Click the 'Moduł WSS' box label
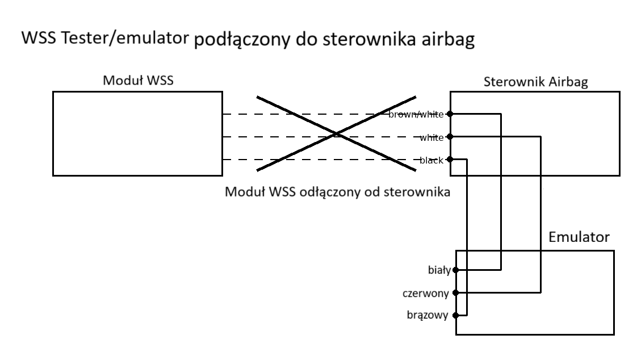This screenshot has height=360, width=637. tap(138, 81)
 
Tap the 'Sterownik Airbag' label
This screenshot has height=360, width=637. tap(535, 82)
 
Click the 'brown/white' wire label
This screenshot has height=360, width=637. tap(416, 115)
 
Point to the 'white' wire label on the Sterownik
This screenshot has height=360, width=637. tap(431, 137)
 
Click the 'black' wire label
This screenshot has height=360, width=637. tap(431, 160)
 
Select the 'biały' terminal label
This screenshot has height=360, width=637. tap(439, 270)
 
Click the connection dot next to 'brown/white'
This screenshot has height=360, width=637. tap(450, 114)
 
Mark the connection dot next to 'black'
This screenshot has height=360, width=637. tap(450, 160)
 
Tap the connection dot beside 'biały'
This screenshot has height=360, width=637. tap(455, 270)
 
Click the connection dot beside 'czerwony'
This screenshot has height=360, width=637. tap(455, 293)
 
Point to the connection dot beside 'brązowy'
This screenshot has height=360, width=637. tap(455, 316)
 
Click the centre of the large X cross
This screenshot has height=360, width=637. tap(336, 134)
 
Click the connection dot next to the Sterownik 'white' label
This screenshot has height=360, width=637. tap(450, 137)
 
